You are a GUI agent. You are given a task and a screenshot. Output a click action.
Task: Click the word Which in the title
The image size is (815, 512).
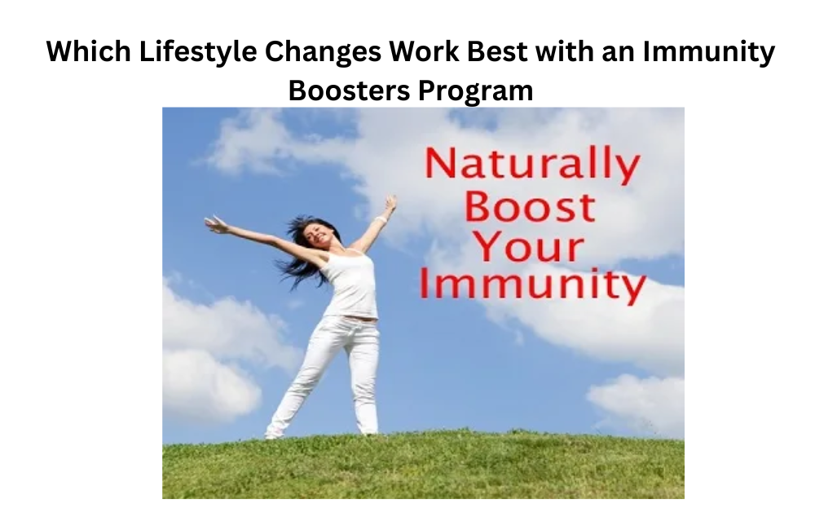[88, 51]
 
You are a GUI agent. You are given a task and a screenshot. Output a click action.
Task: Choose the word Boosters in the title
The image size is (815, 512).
[350, 90]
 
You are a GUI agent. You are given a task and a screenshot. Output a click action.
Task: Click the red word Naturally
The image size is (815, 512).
[531, 166]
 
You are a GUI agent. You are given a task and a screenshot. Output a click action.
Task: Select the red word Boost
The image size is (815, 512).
[530, 207]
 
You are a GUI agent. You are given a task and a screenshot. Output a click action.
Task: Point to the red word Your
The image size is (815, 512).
[530, 247]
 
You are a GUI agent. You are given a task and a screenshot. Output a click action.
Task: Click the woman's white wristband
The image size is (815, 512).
[381, 220]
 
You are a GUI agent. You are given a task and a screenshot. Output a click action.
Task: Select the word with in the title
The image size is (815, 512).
[565, 51]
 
